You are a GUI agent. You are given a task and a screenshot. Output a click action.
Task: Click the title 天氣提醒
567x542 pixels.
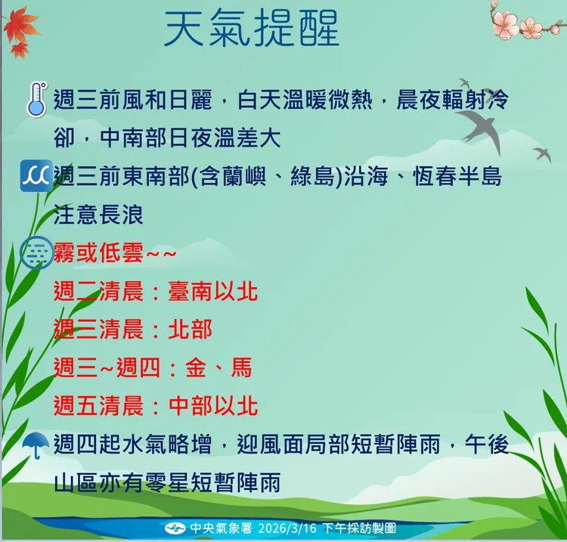point(253,29)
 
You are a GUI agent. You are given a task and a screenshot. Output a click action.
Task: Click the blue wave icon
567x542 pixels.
point(36,176)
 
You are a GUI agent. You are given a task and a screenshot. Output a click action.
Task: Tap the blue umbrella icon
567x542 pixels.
point(36,444)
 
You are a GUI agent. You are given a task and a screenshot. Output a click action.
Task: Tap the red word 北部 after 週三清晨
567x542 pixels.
point(190,330)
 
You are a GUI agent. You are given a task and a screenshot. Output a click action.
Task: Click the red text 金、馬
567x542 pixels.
point(219,368)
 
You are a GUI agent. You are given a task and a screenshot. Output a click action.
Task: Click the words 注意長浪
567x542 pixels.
point(99,215)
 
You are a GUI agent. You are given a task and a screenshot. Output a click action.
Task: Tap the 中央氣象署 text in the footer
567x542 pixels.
point(215,528)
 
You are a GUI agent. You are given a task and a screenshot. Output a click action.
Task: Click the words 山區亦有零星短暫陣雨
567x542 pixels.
point(167,482)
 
